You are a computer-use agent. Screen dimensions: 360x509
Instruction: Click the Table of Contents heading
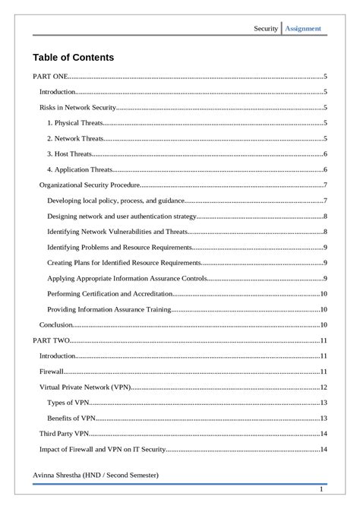[x=73, y=57]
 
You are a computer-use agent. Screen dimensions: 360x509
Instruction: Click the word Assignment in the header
[x=303, y=29]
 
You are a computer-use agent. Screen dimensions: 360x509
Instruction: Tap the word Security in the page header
[x=266, y=29]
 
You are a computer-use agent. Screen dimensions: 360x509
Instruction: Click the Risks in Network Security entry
[x=77, y=107]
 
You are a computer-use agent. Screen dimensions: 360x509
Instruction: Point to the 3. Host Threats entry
[x=70, y=154]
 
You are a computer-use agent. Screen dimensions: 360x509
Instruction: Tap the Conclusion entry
[x=56, y=325]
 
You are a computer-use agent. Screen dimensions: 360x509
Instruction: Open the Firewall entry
[x=52, y=371]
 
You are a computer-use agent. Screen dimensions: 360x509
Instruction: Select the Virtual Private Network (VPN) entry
[x=85, y=387]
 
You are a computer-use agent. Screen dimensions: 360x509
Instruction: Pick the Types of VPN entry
[x=68, y=403]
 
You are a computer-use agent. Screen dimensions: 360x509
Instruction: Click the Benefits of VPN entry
[x=71, y=419]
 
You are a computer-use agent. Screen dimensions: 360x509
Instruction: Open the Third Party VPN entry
[x=65, y=434]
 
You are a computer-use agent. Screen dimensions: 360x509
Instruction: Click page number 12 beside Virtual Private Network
[x=324, y=387]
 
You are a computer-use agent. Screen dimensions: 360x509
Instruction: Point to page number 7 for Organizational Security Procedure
[x=325, y=185]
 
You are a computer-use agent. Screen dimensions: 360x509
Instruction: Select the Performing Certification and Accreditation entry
[x=109, y=294]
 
